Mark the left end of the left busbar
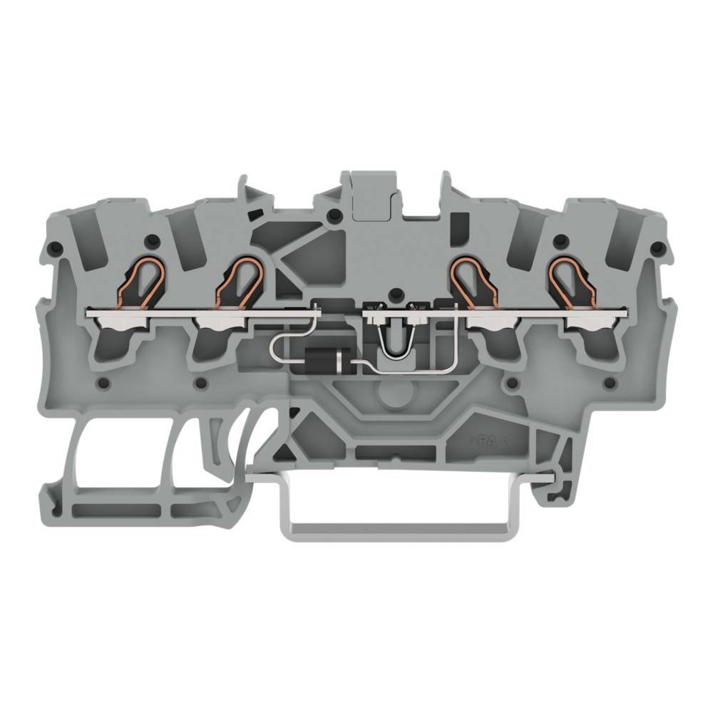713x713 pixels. (x=89, y=312)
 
